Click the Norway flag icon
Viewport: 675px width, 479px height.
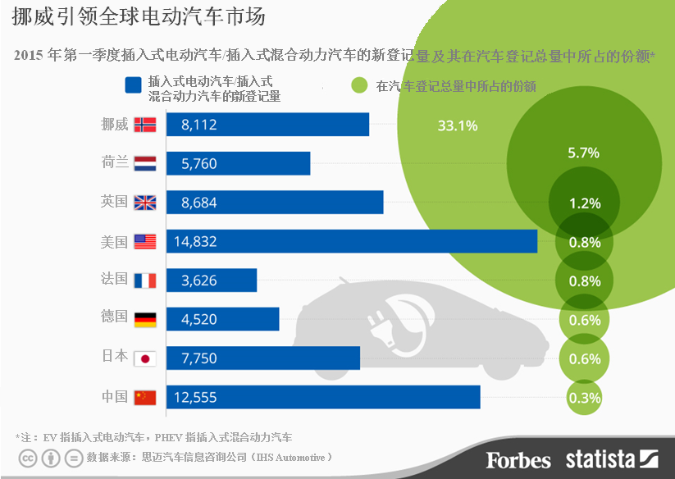click(x=144, y=125)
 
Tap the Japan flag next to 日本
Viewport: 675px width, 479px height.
click(x=144, y=358)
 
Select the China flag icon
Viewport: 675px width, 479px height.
click(x=144, y=398)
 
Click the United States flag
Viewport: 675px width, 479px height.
click(x=144, y=242)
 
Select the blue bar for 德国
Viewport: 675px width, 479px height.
click(x=222, y=319)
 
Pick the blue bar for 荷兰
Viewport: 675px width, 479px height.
click(x=238, y=163)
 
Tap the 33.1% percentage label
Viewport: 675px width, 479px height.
click(x=458, y=126)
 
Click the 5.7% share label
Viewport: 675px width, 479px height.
click(x=584, y=153)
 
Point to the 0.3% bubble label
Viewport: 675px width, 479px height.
click(x=584, y=398)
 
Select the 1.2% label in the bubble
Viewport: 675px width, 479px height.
click(x=585, y=203)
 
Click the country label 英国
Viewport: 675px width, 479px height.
click(x=114, y=202)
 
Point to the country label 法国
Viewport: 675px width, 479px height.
click(x=114, y=280)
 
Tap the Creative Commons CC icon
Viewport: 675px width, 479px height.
click(x=29, y=458)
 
